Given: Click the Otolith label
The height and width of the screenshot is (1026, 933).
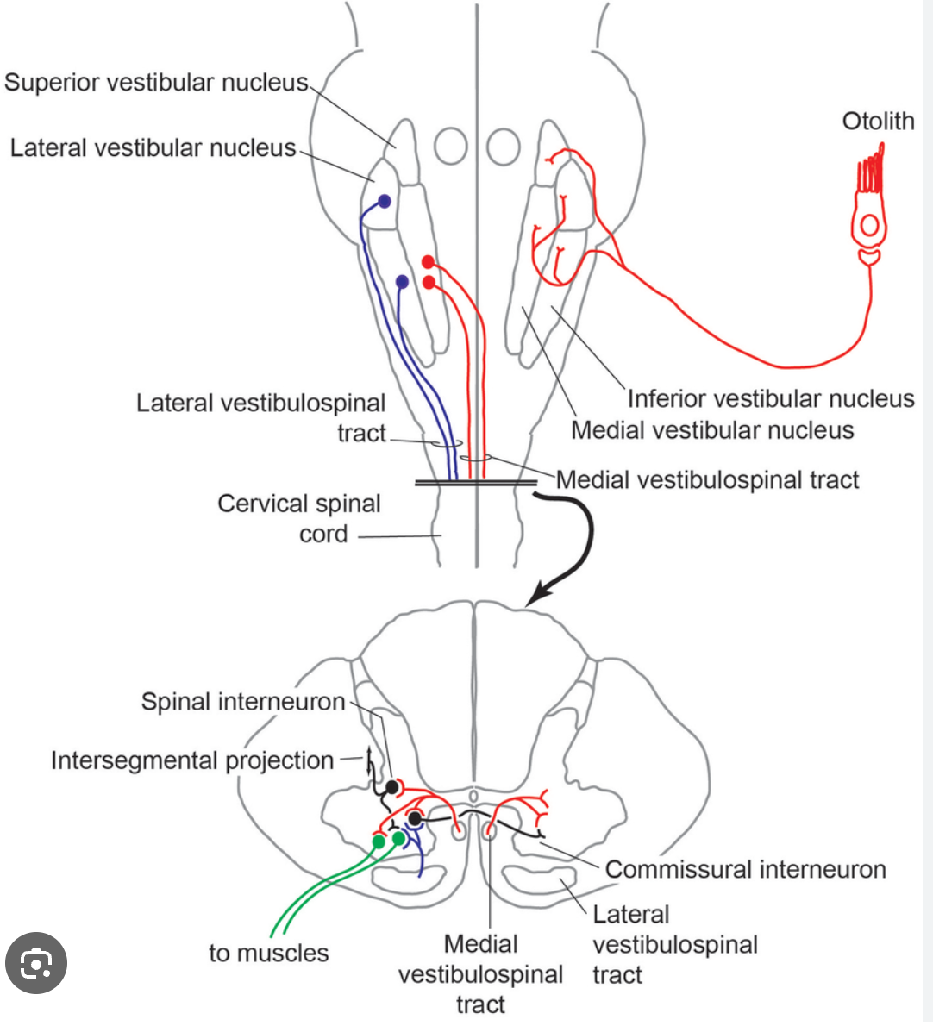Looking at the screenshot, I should pos(877,121).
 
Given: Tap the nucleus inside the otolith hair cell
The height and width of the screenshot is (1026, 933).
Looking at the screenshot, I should pos(869,226).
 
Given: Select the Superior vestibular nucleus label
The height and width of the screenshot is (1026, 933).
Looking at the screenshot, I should pos(156,83).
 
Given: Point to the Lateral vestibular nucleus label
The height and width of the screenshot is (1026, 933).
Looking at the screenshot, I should pos(153,148).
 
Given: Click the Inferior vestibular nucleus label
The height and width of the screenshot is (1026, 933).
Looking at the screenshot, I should pos(770,398).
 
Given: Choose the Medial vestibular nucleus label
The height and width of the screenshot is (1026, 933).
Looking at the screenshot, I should pos(712,430).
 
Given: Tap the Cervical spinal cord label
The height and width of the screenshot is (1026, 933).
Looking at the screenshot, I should pos(299,518).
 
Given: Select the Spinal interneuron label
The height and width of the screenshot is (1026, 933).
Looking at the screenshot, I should pos(243,702).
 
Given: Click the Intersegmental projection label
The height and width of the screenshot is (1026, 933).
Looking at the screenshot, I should pos(192,760).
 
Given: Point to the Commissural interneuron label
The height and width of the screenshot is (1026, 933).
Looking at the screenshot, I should pos(745,869).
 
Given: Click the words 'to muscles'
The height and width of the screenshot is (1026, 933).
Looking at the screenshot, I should pos(269,953).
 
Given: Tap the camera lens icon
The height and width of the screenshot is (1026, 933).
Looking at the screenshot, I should pos(36,963).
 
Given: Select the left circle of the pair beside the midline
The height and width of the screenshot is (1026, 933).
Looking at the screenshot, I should pos(450,147).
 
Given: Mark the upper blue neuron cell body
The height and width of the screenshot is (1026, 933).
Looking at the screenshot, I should pos(385,202).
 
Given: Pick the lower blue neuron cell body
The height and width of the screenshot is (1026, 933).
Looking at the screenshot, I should pos(402,282).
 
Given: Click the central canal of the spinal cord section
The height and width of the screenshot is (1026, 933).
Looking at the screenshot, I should pos(473,796).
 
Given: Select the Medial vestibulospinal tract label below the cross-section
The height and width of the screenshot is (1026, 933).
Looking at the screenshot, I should pos(480,974).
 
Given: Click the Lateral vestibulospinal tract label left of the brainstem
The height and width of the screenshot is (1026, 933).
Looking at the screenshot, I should pos(260,418).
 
